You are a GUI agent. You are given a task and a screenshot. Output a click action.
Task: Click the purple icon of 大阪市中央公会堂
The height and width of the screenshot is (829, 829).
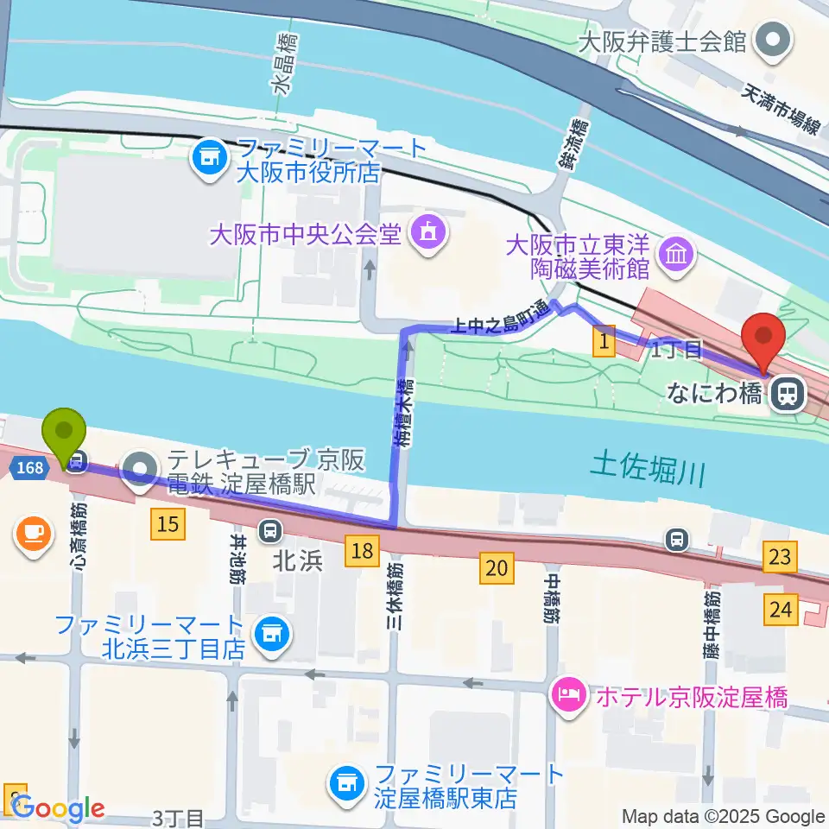[x=427, y=231]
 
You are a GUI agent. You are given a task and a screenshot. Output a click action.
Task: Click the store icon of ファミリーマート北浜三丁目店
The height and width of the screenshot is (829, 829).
[x=271, y=635]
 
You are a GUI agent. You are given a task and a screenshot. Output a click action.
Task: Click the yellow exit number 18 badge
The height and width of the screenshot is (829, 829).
[x=361, y=549]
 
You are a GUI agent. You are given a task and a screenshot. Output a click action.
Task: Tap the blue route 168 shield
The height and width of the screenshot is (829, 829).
[x=28, y=466]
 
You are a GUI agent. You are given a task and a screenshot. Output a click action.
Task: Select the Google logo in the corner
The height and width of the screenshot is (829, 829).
[x=58, y=809]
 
